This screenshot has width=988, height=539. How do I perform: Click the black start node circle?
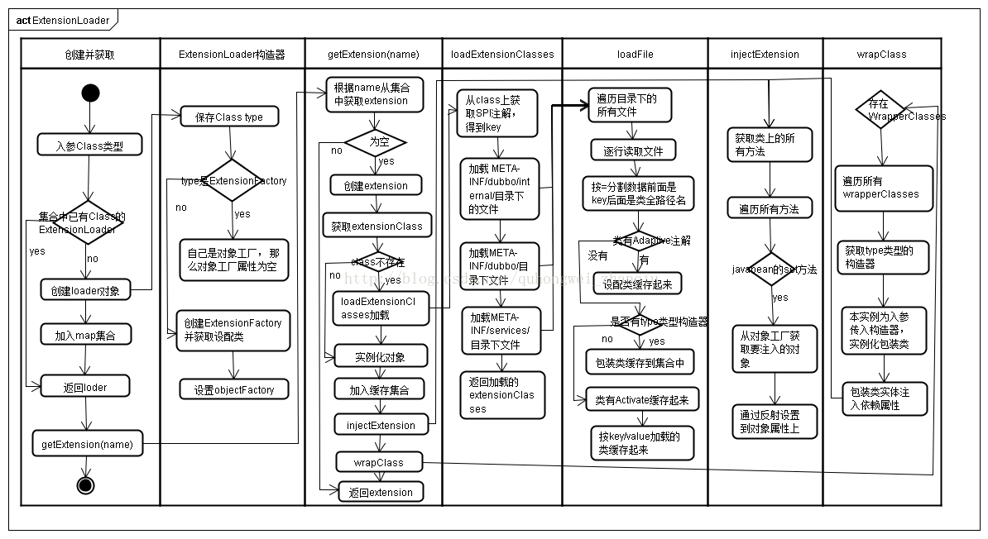click(90, 93)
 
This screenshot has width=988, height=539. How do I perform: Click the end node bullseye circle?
click(85, 485)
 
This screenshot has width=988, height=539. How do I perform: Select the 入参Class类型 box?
click(90, 145)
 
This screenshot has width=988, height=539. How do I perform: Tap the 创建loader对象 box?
click(85, 290)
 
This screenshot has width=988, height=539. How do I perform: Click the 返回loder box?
click(85, 386)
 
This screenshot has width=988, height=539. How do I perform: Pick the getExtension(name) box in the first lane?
click(87, 444)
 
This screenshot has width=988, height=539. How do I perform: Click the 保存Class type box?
click(228, 117)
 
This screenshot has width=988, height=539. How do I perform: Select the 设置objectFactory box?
click(234, 389)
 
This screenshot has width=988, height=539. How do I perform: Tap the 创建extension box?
click(376, 185)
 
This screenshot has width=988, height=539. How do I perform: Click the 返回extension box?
click(381, 492)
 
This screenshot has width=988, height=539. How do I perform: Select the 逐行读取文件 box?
click(634, 150)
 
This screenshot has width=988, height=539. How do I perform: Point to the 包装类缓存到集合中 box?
click(640, 362)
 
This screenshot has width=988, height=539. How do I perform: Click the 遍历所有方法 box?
click(770, 208)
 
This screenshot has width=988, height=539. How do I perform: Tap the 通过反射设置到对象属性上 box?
click(775, 421)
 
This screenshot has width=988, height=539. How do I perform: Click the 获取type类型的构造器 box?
click(882, 256)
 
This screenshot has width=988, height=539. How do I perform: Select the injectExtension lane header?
click(765, 54)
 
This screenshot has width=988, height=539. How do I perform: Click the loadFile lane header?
click(634, 54)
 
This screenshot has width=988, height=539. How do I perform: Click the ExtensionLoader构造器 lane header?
click(232, 54)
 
